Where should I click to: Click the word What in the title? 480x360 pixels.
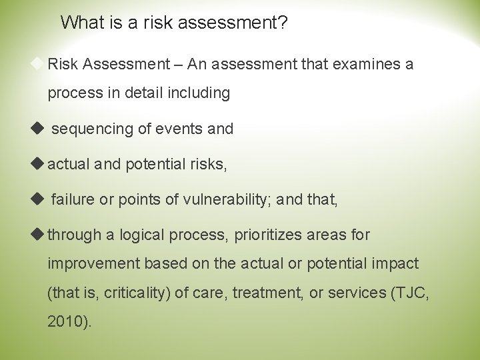pos(80,23)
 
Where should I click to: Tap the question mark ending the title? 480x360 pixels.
pos(284,23)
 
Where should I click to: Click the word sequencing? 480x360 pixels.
pos(92,129)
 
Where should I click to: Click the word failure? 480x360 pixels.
pos(71,199)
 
